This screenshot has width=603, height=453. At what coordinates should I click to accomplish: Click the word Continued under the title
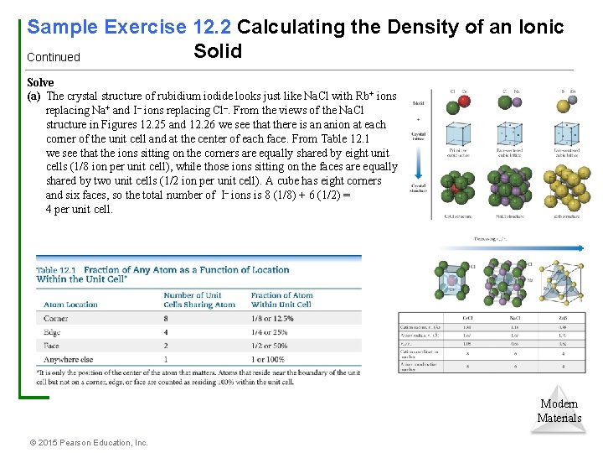point(54,58)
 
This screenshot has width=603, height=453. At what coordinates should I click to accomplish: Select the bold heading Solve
point(40,82)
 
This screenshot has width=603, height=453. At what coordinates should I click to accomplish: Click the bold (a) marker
point(35,96)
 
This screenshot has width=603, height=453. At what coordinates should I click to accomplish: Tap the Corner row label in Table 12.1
point(55,319)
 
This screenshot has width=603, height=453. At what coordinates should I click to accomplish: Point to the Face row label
point(52,346)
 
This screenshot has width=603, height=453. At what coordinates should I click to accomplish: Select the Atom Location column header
point(70,305)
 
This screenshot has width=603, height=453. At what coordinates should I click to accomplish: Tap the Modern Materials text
point(559,411)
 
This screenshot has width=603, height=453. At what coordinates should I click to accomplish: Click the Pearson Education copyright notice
point(88,442)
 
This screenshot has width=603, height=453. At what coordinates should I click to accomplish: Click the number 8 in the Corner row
point(167,319)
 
